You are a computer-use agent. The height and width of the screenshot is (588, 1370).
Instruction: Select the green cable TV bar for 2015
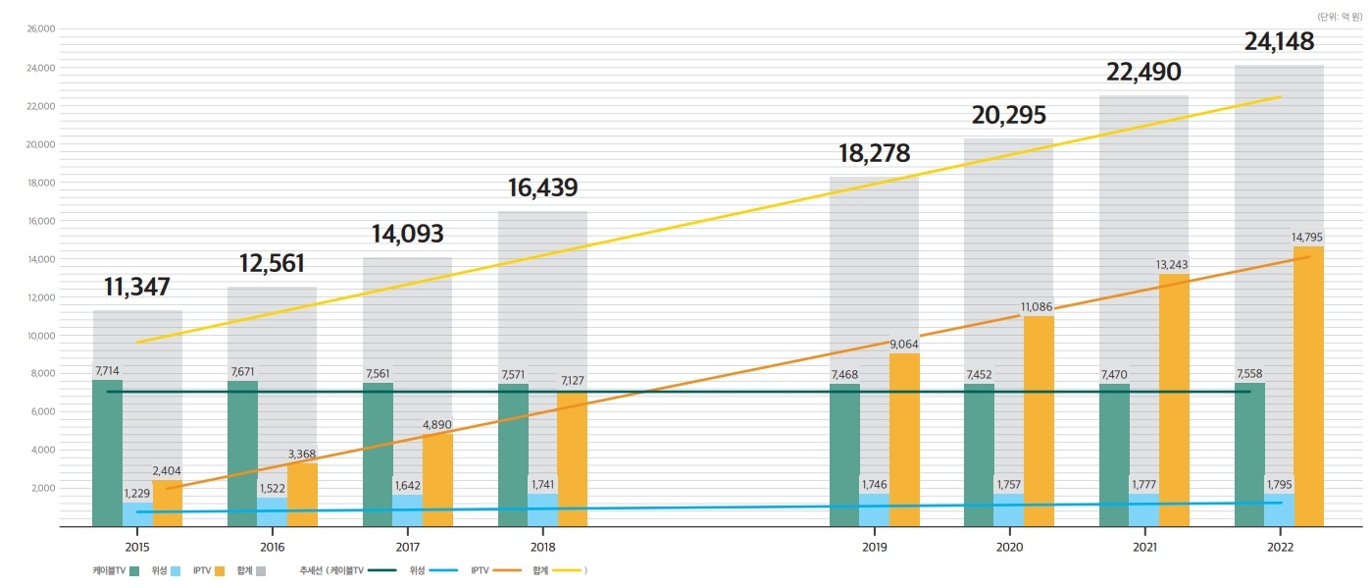click(x=107, y=452)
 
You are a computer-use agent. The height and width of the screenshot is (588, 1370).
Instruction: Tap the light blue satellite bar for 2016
click(x=273, y=511)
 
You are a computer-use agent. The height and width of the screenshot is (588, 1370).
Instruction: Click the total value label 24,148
click(x=1279, y=42)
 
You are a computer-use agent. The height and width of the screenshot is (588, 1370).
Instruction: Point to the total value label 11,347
click(x=137, y=288)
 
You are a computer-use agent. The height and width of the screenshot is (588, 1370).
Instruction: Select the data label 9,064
click(x=905, y=345)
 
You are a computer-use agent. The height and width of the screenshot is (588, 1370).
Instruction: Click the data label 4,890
click(x=437, y=425)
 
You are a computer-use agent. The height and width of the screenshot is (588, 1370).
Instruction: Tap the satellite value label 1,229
click(x=137, y=494)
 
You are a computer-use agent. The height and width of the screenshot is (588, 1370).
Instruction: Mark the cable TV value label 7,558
click(x=1248, y=374)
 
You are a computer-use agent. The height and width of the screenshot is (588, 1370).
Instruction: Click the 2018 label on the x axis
click(x=542, y=546)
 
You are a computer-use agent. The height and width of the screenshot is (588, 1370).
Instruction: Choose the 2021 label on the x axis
click(x=1144, y=546)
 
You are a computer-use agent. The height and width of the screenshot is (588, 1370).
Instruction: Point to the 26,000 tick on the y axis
click(x=41, y=29)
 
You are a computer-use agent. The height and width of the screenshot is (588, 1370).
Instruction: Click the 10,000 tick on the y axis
click(x=41, y=336)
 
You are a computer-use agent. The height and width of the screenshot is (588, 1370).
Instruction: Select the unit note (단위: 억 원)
click(x=1339, y=16)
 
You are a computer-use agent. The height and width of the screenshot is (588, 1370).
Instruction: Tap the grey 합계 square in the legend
click(x=261, y=570)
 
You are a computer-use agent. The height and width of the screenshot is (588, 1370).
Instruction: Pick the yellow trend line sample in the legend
click(x=566, y=570)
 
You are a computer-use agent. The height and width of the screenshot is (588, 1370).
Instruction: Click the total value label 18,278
click(x=874, y=154)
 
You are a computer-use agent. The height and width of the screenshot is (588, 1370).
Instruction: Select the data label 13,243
click(x=1174, y=265)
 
